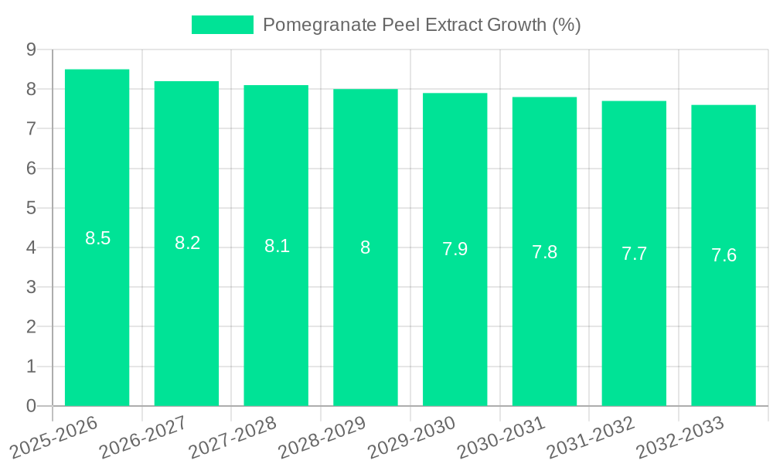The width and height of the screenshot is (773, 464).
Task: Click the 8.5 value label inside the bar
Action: click(98, 238)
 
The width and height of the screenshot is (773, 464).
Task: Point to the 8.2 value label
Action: click(187, 243)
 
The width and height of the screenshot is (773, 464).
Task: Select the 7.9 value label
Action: click(455, 249)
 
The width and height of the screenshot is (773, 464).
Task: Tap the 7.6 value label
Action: click(724, 255)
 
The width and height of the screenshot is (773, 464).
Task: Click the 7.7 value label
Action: click(634, 254)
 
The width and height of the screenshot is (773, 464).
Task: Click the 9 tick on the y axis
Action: click(32, 49)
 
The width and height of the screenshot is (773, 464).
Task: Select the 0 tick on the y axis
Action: click(32, 406)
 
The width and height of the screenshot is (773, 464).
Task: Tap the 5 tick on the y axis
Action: click(32, 208)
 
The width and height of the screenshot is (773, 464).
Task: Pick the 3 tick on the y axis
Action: click(32, 287)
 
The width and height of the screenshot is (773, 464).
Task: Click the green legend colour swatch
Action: click(223, 25)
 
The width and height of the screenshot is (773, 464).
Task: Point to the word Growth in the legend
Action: click(517, 25)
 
